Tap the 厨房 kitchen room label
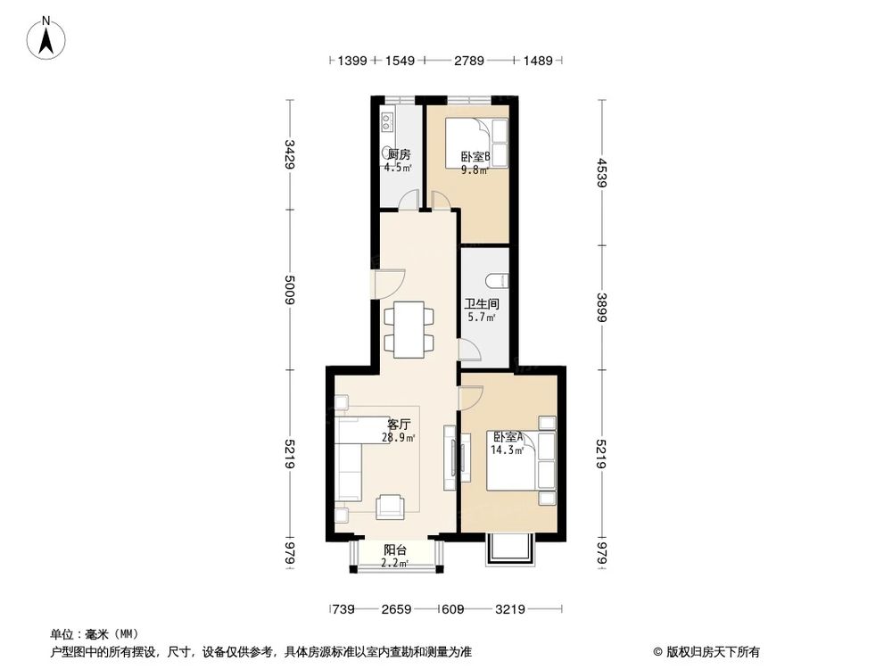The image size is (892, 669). (x=398, y=154)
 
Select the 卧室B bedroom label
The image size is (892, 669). (x=475, y=158)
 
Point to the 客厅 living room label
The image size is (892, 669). (x=399, y=424)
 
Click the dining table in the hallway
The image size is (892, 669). (x=409, y=328)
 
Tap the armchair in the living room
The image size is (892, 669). (x=390, y=507)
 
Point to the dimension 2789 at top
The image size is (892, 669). (x=468, y=61)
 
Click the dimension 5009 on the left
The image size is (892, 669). (x=289, y=290)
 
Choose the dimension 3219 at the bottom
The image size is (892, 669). (x=510, y=609)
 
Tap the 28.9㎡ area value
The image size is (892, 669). (x=399, y=437)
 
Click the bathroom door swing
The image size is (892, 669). (x=470, y=350)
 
